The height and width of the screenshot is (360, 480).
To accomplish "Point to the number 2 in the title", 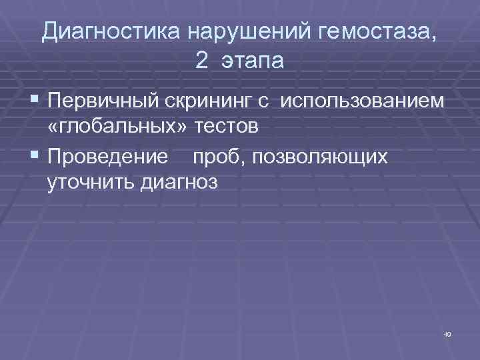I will pos(202,61).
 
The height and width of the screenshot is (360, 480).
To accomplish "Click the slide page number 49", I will pos(447,333).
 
